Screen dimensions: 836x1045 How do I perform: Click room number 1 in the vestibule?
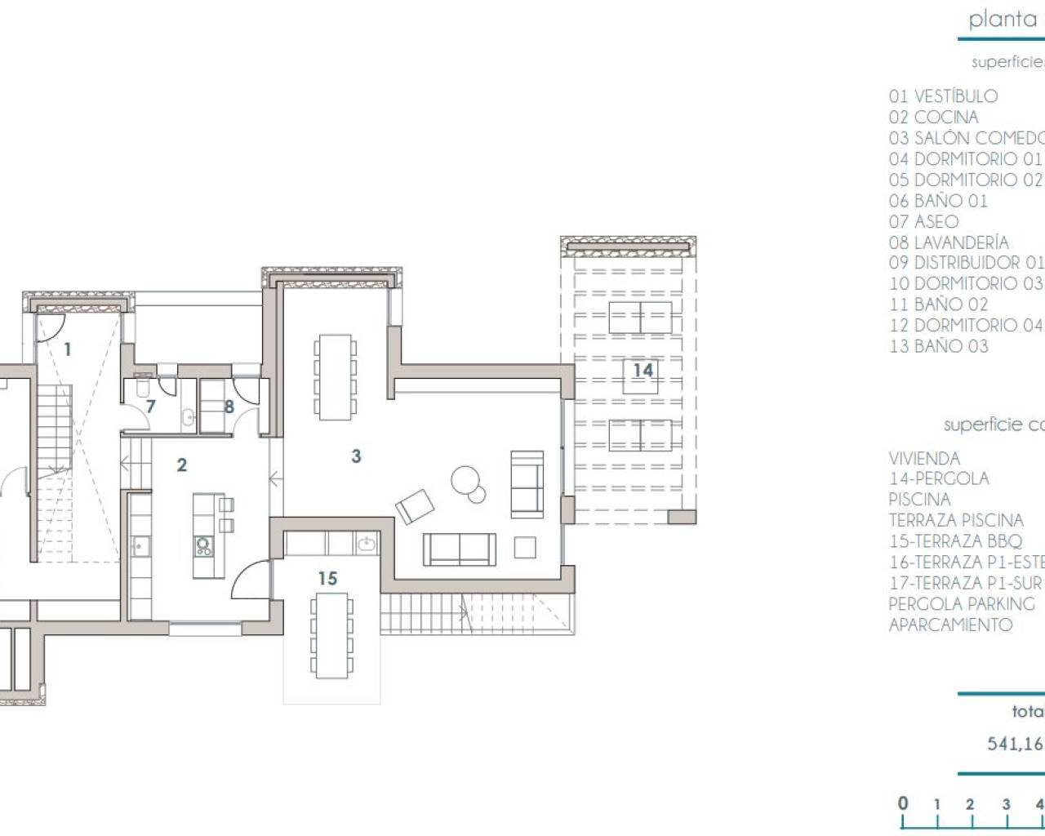pyautogui.click(x=68, y=350)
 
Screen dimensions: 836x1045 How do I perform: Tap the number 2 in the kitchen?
pyautogui.click(x=182, y=465)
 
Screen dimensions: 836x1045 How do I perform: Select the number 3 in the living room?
pyautogui.click(x=356, y=456)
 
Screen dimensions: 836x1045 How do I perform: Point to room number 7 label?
pyautogui.click(x=150, y=407)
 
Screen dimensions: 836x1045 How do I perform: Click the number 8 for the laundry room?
pyautogui.click(x=229, y=407)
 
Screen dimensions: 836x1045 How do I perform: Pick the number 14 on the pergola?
pyautogui.click(x=643, y=371)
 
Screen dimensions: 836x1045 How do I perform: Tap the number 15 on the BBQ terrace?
pyautogui.click(x=327, y=579)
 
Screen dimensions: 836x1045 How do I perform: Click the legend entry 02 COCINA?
pyautogui.click(x=933, y=118)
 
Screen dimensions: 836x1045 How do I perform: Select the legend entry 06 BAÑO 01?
pyautogui.click(x=938, y=201)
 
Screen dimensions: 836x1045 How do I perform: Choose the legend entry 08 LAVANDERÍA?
pyautogui.click(x=949, y=242)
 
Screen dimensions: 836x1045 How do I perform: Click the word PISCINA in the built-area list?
pyautogui.click(x=919, y=500)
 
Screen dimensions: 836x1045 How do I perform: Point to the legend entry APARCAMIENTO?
pyautogui.click(x=950, y=625)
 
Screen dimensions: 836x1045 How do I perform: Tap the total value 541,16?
pyautogui.click(x=1016, y=744)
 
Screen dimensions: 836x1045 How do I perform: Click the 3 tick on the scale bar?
pyautogui.click(x=1006, y=804)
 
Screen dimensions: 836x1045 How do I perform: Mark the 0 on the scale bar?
pyautogui.click(x=903, y=803)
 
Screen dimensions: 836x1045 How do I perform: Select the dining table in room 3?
pyautogui.click(x=335, y=376)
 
